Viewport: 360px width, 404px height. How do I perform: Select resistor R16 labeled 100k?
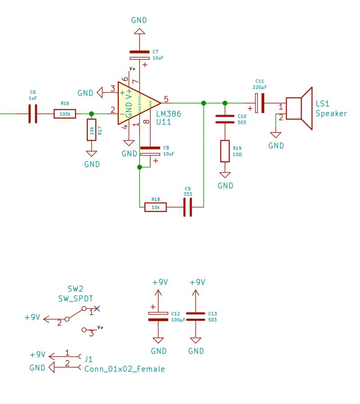pos(65,114)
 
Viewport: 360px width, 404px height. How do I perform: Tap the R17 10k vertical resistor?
pos(92,130)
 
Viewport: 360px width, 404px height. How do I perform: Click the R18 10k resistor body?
pos(155,207)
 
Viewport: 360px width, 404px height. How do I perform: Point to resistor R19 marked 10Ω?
pos(225,151)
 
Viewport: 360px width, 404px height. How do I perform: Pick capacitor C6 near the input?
pos(32,114)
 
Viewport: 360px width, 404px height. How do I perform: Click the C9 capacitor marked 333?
pos(188,207)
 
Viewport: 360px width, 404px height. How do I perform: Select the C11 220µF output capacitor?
pos(260,103)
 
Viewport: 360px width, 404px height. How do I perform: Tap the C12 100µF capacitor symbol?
pos(158,316)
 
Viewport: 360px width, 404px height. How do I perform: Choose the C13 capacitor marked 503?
pos(195,316)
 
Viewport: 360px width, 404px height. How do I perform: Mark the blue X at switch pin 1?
pos(97,308)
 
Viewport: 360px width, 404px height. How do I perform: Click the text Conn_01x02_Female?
pos(124,369)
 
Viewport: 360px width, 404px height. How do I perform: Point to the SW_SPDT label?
pos(75,298)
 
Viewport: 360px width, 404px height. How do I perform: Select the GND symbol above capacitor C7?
pos(139,31)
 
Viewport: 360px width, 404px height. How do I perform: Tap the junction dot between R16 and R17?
pos(92,114)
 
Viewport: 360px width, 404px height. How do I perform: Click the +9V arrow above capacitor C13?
pos(195,292)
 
